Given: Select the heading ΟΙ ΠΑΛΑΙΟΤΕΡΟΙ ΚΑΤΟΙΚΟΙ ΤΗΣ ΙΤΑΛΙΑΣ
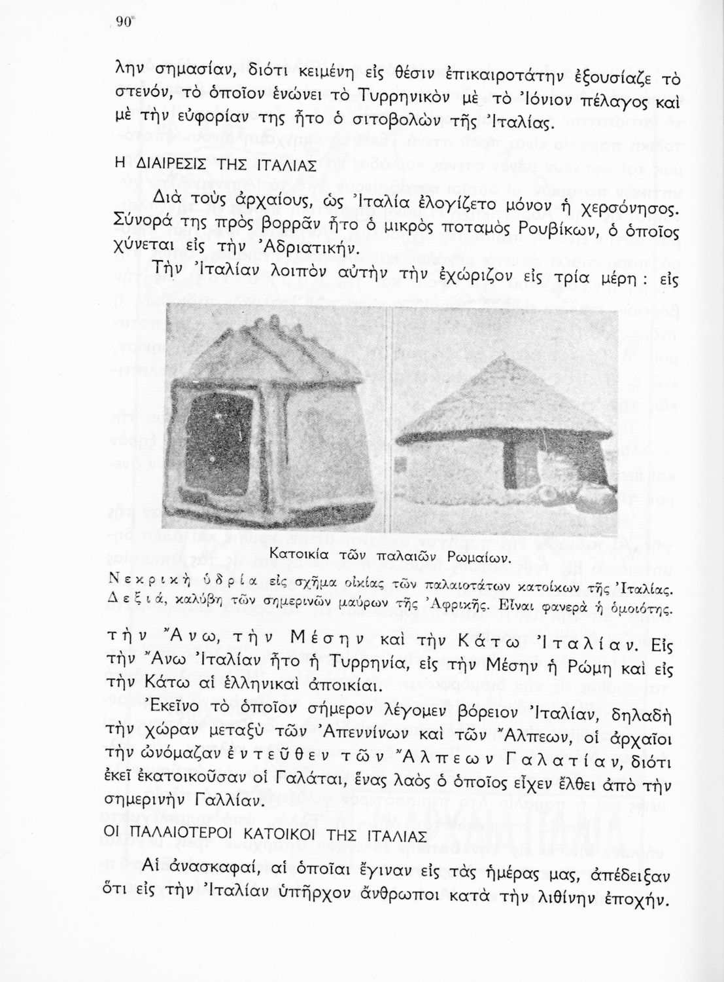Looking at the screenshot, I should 266,836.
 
